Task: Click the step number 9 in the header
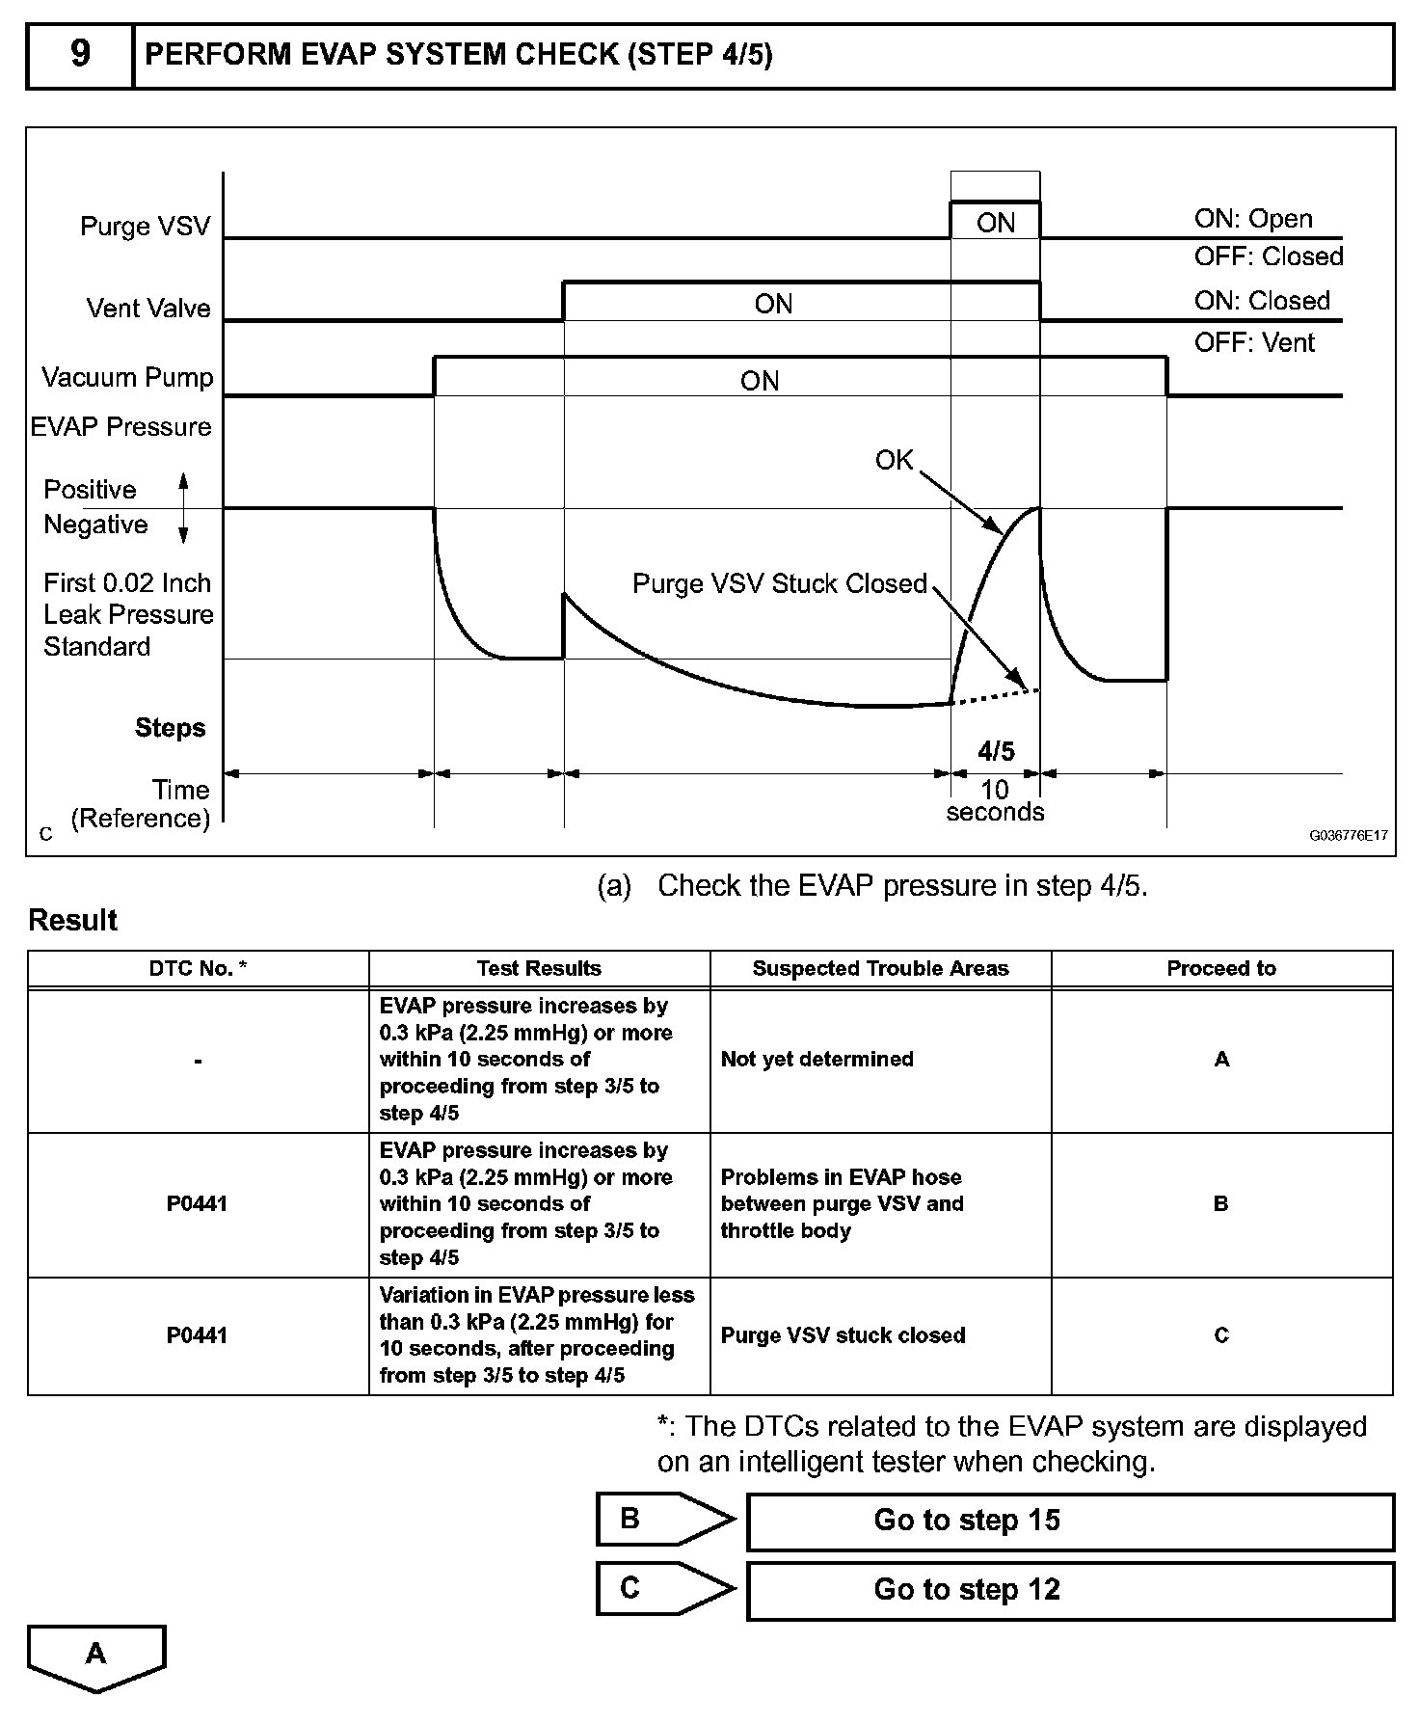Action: [x=80, y=54]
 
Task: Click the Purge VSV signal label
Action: [x=145, y=227]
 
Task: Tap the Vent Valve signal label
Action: [x=148, y=309]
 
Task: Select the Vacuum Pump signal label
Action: [x=127, y=377]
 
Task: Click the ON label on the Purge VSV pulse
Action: [x=996, y=223]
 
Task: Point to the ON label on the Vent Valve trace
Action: [x=773, y=305]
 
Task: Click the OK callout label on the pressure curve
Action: [x=894, y=460]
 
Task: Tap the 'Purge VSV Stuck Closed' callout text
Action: [x=779, y=583]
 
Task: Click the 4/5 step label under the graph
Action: [x=996, y=750]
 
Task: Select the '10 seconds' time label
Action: [x=995, y=801]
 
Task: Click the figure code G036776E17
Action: [x=1348, y=835]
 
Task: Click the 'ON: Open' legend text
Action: [x=1253, y=219]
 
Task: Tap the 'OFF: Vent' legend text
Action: [x=1254, y=342]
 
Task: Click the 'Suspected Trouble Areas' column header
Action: [x=880, y=969]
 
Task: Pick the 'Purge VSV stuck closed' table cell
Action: [x=843, y=1335]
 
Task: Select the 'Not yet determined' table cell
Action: [x=817, y=1059]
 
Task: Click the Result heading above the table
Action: [x=72, y=920]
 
